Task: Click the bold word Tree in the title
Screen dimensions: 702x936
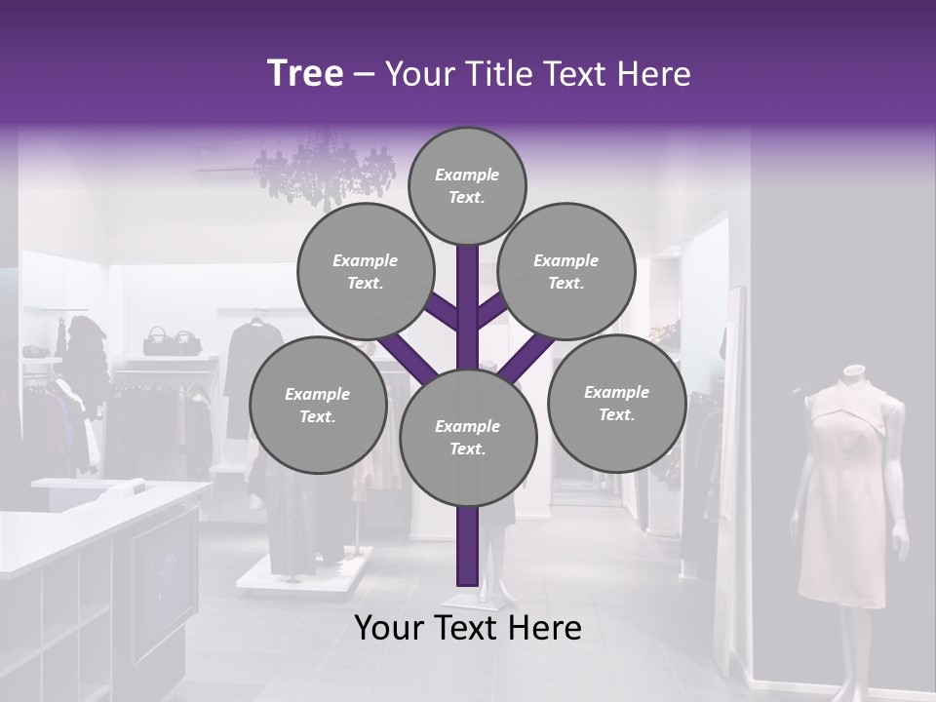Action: pyautogui.click(x=305, y=73)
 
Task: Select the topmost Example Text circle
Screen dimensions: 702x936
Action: pyautogui.click(x=467, y=186)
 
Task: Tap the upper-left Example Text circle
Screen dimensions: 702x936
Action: pyautogui.click(x=365, y=272)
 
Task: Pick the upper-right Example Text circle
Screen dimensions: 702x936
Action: pyautogui.click(x=565, y=272)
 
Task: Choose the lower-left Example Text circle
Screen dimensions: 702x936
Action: pyautogui.click(x=317, y=406)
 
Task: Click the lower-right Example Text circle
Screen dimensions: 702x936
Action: pyautogui.click(x=616, y=404)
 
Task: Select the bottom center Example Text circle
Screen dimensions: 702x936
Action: pyautogui.click(x=468, y=438)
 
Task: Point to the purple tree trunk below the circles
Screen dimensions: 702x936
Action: pyautogui.click(x=467, y=546)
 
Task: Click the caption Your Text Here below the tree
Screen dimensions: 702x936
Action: pyautogui.click(x=468, y=629)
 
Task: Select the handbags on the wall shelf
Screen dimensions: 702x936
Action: pyautogui.click(x=172, y=341)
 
